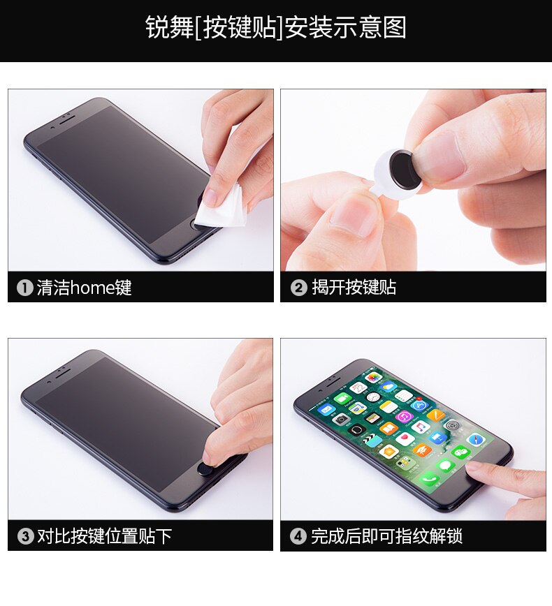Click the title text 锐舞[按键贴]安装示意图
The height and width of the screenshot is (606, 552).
[x=275, y=28]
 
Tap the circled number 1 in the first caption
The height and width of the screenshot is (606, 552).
[x=25, y=288]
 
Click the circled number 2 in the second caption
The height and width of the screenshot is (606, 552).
[x=298, y=288]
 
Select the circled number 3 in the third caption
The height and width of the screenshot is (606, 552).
[x=25, y=536]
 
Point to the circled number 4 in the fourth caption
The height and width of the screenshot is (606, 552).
[x=298, y=536]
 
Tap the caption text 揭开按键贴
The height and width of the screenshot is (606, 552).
[x=354, y=288]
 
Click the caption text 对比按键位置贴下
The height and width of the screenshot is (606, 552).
[x=104, y=536]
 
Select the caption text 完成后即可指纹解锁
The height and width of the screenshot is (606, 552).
[x=386, y=536]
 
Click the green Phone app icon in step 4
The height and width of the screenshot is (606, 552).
[x=429, y=479]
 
